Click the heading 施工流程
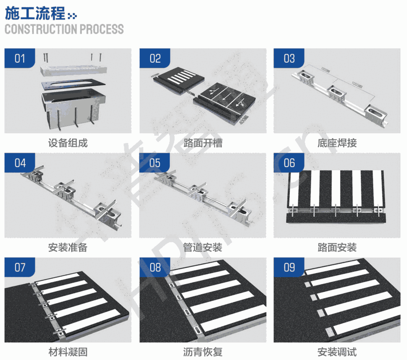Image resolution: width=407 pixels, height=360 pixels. (x=35, y=14)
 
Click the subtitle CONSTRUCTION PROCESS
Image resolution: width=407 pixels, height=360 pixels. (x=64, y=29)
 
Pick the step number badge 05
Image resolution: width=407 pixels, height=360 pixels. (x=155, y=163)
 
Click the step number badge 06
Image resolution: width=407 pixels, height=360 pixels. (x=289, y=163)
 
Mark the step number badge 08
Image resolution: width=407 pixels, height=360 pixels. (x=155, y=267)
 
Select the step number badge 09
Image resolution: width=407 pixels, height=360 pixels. (x=289, y=267)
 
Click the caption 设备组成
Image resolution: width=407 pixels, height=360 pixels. (x=68, y=143)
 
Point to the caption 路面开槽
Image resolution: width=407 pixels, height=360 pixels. (x=203, y=143)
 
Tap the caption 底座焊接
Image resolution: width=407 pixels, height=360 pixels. (x=337, y=143)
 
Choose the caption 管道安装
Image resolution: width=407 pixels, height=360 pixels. (x=203, y=248)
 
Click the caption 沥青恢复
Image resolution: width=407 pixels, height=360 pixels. (x=203, y=352)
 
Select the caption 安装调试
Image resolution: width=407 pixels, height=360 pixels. (x=337, y=352)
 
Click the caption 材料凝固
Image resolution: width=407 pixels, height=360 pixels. (x=68, y=352)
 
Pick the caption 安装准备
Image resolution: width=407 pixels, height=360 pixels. (x=68, y=248)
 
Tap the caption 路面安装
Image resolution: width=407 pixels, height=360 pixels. (x=337, y=248)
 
